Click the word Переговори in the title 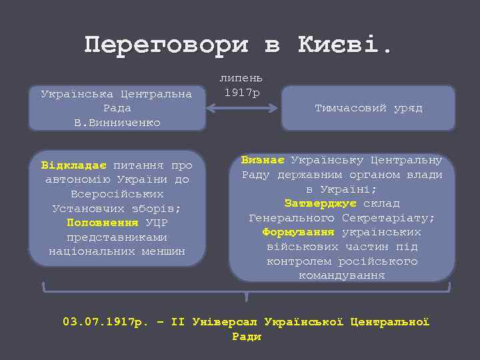167,45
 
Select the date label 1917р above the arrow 242,92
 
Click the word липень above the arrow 242,78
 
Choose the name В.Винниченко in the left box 117,123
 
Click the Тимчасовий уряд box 368,108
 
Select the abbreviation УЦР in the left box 156,223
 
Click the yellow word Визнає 263,160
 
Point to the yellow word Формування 299,232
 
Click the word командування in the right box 342,275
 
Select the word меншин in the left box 163,252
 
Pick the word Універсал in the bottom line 224,322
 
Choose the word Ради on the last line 247,337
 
